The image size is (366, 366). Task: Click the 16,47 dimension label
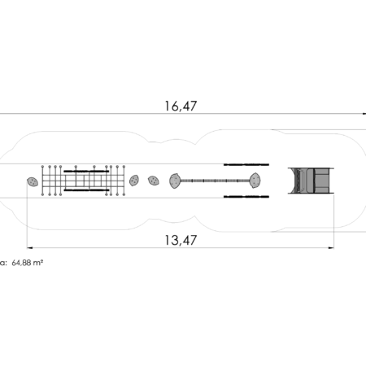pyautogui.click(x=181, y=106)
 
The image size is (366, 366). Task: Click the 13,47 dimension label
pyautogui.click(x=181, y=240)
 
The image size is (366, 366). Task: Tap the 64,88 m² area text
pyautogui.click(x=28, y=263)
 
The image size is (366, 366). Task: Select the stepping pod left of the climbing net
pyautogui.click(x=33, y=181)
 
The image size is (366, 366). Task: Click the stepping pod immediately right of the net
pyautogui.click(x=134, y=181)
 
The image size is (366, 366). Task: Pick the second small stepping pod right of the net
pyautogui.click(x=154, y=181)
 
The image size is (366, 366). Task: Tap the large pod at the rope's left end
pyautogui.click(x=175, y=181)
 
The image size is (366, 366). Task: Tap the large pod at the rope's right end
pyautogui.click(x=255, y=181)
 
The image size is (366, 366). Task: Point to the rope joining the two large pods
pyautogui.click(x=215, y=181)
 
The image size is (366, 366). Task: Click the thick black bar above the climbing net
pyautogui.click(x=86, y=171)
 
